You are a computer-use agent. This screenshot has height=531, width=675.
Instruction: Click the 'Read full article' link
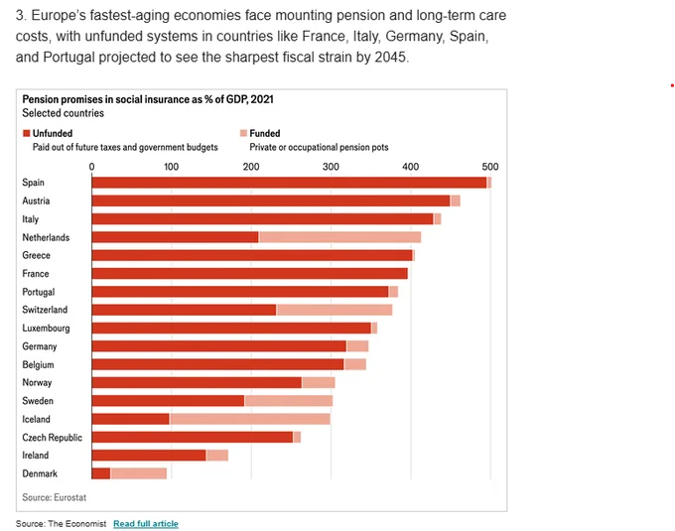(146, 523)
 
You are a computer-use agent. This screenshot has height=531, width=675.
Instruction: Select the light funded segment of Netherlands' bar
(339, 237)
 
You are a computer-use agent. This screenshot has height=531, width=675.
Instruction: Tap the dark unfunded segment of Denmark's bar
(101, 473)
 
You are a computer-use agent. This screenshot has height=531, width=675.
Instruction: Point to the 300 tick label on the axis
(331, 167)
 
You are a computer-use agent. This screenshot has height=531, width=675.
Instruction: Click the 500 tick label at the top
(490, 167)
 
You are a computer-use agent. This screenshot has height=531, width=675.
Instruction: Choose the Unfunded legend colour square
(26, 133)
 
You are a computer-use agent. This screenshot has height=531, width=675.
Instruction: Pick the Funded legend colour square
(243, 133)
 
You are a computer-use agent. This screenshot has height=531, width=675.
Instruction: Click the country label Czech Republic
(52, 437)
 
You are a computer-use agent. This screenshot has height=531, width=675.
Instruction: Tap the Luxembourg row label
(46, 328)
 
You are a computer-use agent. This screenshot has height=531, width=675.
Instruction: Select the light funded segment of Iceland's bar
(250, 419)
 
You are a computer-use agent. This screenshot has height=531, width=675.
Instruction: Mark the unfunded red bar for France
(250, 273)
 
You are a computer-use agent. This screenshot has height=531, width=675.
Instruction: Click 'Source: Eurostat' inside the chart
(55, 497)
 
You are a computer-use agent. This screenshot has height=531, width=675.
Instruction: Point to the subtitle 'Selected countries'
(64, 113)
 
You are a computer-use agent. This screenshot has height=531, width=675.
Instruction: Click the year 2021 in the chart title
(262, 99)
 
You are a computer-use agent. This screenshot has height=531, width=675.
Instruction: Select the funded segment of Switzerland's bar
(335, 310)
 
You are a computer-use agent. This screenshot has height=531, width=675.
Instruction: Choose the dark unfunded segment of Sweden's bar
(169, 401)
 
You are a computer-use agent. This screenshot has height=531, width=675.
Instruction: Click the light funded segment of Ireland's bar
(217, 456)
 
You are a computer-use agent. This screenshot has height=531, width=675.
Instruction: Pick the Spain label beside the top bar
(33, 183)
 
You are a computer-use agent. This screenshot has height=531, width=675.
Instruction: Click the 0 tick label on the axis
(91, 167)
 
